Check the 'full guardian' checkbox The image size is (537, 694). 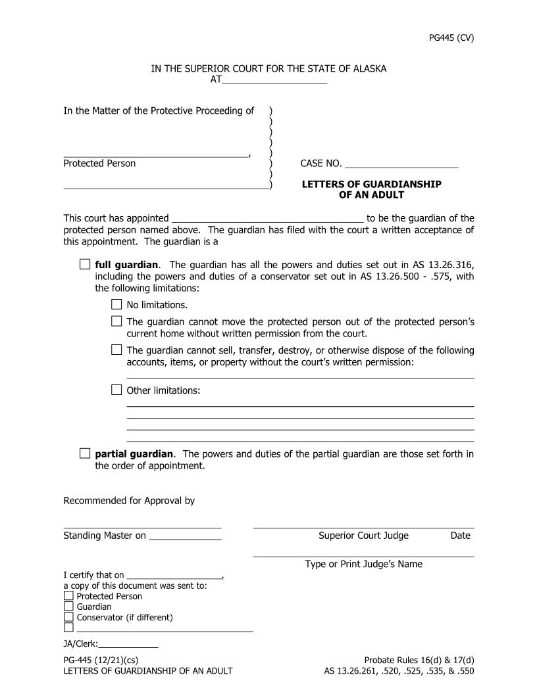[x=85, y=264]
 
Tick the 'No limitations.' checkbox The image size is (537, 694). [x=116, y=304]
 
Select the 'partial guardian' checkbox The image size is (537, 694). [x=85, y=453]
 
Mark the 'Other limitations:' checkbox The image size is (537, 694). [x=116, y=390]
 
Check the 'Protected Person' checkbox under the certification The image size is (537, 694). [x=68, y=596]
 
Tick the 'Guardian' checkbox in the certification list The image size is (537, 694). [x=68, y=607]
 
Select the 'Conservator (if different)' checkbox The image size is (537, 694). [x=68, y=617]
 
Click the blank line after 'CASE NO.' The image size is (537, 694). [x=401, y=164]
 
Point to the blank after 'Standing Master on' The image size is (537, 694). [x=185, y=536]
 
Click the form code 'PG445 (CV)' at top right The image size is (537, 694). [x=451, y=37]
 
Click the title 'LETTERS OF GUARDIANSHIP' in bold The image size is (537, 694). [x=371, y=185]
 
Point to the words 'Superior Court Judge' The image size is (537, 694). [x=363, y=536]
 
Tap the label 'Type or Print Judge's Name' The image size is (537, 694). [x=363, y=564]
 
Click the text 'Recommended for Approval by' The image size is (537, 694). [x=129, y=501]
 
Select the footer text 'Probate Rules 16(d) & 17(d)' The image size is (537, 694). [x=419, y=660]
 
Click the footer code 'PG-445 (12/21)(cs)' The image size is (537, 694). [x=101, y=660]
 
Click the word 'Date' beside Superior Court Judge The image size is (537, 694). [x=460, y=536]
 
